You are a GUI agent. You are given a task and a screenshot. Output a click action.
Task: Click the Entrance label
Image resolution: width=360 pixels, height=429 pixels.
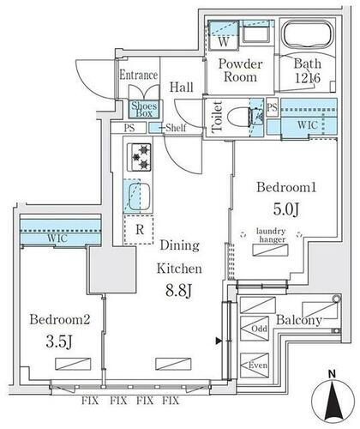[x=138, y=75]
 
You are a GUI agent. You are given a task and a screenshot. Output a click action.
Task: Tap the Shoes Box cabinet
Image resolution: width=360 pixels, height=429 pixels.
[x=141, y=108]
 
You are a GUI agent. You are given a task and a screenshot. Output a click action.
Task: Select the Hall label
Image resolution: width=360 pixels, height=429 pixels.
[x=180, y=87]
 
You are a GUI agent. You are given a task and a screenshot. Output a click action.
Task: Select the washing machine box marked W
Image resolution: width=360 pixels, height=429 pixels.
[x=223, y=39]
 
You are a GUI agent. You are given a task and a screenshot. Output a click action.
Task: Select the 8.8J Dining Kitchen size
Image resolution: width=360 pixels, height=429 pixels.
[x=177, y=292]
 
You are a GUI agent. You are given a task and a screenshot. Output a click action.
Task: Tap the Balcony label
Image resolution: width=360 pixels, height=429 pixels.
[x=298, y=321]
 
